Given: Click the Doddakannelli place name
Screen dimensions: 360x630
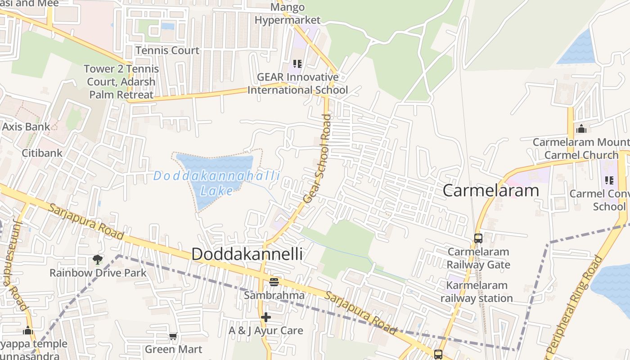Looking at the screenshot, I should click(247, 254).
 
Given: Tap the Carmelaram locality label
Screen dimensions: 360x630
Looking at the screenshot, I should click(490, 190).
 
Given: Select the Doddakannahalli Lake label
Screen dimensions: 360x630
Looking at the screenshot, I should click(216, 183).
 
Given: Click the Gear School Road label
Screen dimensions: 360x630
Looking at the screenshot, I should click(317, 158).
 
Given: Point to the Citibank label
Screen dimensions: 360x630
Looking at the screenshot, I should click(42, 153).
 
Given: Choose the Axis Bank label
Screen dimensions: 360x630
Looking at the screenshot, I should click(26, 126).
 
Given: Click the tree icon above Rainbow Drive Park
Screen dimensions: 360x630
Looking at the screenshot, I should click(97, 260).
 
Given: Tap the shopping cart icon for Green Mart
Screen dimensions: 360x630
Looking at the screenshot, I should click(173, 336).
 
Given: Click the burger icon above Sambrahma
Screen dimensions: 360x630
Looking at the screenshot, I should click(274, 282).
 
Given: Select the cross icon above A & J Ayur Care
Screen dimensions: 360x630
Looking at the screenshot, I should click(266, 317).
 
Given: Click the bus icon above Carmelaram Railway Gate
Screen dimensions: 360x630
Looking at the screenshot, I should click(478, 238).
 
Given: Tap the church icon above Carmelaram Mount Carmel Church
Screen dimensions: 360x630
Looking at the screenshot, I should click(581, 129).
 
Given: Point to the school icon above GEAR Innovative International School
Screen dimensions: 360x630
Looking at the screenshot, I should click(297, 64).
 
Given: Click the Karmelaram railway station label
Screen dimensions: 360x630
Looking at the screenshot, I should click(477, 292).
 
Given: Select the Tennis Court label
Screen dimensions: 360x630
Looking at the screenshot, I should click(167, 50).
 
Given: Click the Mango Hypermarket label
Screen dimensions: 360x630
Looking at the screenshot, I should click(288, 13).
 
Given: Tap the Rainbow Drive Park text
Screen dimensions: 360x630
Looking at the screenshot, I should click(98, 273).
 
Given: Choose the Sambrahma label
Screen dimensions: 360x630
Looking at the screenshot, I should click(274, 296).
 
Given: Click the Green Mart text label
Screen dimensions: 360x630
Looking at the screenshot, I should click(173, 349).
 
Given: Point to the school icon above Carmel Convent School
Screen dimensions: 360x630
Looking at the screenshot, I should click(609, 180).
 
